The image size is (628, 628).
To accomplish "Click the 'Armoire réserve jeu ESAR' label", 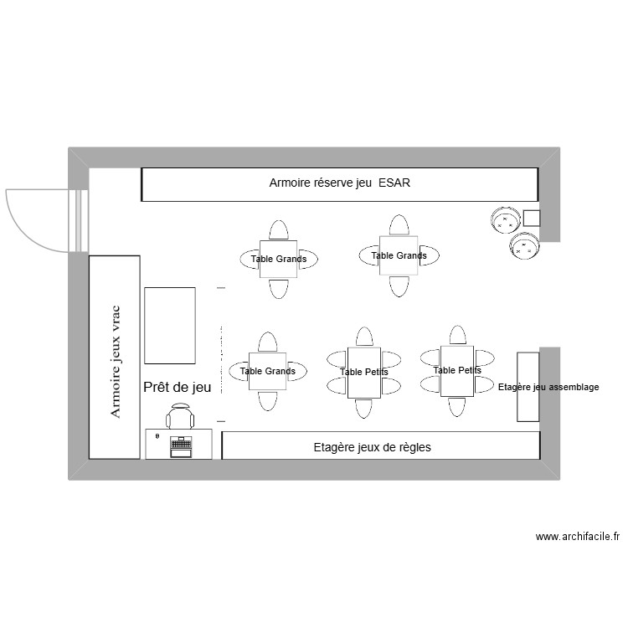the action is coord(339,183).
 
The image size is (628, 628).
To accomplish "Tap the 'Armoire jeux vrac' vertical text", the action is coord(116,362).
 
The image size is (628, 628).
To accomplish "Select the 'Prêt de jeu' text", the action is coord(178,387).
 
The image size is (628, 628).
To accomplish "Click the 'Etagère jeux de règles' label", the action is coord(372,447).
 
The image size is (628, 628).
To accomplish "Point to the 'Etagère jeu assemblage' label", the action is coord(548,388).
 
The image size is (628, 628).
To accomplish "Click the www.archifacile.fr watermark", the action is coord(577,537).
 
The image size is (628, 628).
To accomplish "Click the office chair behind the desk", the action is coord(180,416).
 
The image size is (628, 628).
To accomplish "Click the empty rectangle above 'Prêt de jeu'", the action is coord(170,326).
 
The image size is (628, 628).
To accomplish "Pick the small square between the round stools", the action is coord(531,219).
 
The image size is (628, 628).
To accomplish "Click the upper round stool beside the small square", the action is coord(505,221).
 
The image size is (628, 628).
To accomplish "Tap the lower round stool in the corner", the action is coord(526,246).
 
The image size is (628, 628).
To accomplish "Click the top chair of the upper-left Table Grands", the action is coord(279,231).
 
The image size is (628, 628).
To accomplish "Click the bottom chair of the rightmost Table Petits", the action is coord(457,406).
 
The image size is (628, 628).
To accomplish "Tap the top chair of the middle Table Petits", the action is coord(364,337).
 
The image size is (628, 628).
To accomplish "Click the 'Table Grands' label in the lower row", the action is coord(267,371).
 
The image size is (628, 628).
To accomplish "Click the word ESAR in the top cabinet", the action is coord(394,183).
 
